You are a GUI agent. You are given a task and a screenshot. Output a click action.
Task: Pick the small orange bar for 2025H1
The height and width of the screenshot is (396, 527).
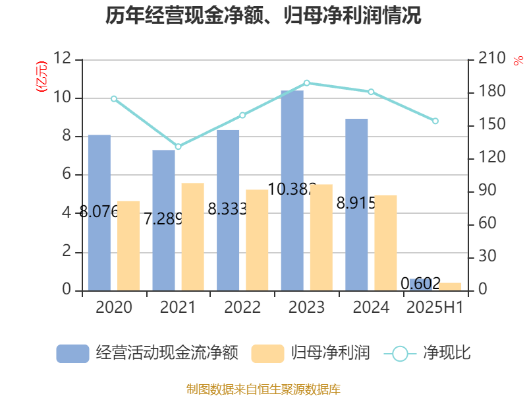pos(451,286)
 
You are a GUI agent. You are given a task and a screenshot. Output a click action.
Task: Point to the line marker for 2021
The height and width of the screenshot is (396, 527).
pos(178,147)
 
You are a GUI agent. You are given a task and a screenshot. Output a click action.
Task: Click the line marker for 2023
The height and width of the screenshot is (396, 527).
pos(307,83)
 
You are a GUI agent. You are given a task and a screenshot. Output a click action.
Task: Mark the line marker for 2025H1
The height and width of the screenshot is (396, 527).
pos(435,121)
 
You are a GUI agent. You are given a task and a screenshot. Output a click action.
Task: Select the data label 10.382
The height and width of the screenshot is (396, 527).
pos(292,189)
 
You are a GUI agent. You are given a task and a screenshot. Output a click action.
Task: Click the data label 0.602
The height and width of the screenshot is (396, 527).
pos(421,283)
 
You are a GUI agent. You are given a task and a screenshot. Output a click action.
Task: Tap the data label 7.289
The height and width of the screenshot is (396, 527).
pos(163,218)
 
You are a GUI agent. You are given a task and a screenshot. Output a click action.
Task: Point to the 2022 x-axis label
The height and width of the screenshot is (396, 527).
pos(242,308)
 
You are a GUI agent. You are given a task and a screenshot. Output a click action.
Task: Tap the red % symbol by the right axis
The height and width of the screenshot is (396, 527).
pos(517,61)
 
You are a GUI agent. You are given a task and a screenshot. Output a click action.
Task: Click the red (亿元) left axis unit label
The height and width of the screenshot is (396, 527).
pos(42,77)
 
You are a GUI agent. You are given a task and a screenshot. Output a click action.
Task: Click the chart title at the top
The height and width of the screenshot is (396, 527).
pos(263,16)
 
